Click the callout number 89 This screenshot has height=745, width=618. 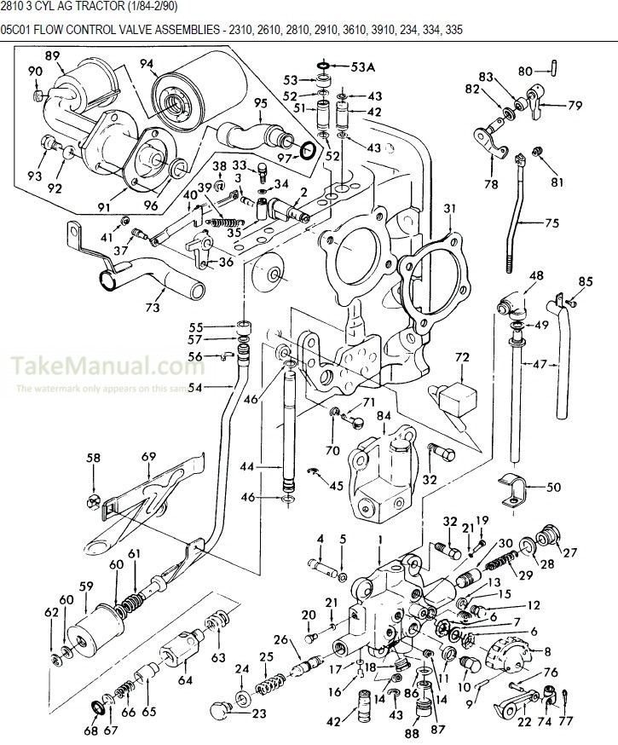pyautogui.click(x=53, y=55)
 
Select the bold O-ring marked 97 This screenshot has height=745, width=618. pyautogui.click(x=311, y=152)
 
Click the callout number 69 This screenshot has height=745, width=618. pyautogui.click(x=148, y=458)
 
